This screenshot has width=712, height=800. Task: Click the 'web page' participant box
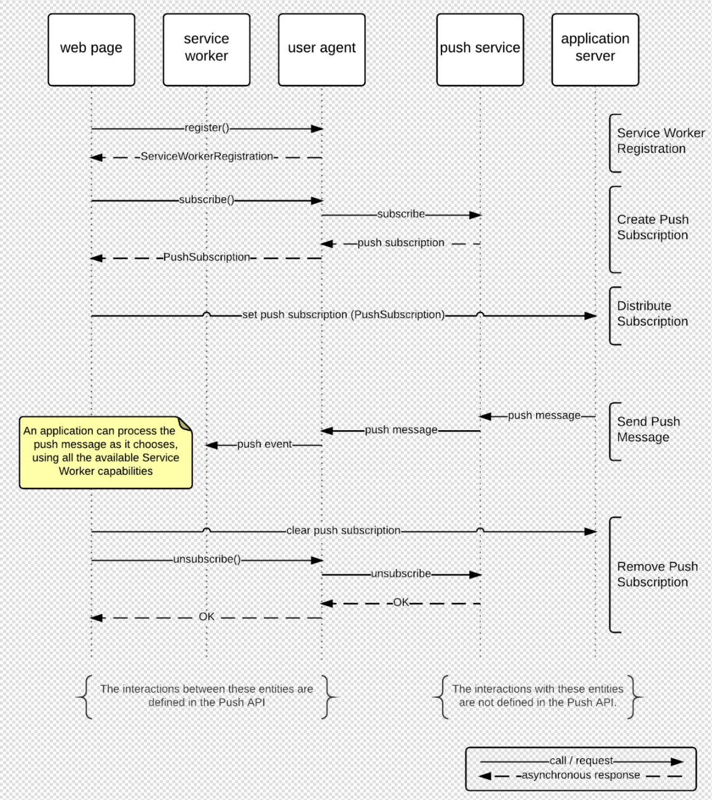91,50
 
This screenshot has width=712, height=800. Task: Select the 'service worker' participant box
206,50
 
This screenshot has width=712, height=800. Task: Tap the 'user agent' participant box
322,50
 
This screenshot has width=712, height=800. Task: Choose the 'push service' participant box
480,50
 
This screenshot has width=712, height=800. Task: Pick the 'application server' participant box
595,50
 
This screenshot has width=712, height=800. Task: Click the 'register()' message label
207,128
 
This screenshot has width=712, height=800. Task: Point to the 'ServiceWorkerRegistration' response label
207,157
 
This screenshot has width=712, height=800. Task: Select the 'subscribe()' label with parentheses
207,200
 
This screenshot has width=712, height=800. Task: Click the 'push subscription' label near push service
401,243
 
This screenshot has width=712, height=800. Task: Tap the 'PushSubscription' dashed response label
207,257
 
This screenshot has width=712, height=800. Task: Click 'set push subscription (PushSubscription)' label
343,315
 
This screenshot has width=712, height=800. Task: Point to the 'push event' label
264,444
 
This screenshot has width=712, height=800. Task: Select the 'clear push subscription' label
343,530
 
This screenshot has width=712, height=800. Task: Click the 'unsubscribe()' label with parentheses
207,559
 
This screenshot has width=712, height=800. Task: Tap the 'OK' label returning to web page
207,617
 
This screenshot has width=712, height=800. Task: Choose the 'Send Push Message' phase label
648,429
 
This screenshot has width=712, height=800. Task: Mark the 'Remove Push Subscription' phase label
657,575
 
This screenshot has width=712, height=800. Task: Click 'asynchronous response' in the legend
580,775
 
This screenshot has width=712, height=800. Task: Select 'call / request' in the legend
581,761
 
